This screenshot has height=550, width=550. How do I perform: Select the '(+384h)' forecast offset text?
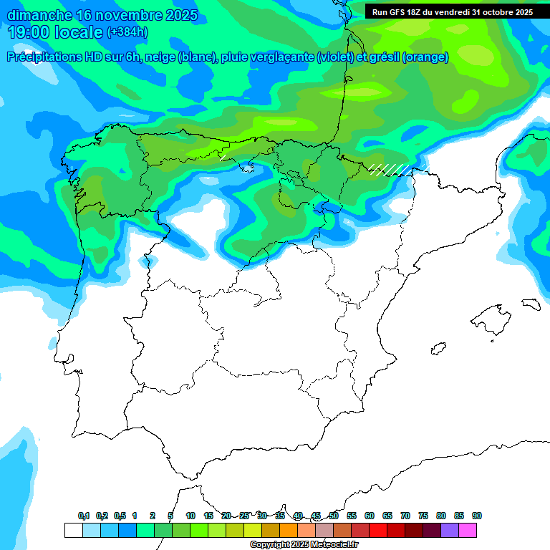point(127,32)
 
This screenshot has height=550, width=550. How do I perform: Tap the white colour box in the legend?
point(73,531)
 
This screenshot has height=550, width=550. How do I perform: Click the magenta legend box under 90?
point(468,531)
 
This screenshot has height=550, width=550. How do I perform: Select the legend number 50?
point(334,516)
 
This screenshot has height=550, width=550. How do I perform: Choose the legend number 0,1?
point(84,516)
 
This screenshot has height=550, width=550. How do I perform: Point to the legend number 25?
point(244,516)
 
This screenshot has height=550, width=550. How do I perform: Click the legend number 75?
point(423,516)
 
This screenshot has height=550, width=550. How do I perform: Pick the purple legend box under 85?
point(450,531)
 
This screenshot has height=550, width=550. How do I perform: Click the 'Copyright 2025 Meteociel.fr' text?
point(304,545)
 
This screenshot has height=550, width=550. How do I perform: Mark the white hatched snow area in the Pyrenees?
point(390,170)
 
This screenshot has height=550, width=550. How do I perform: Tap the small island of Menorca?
point(531,303)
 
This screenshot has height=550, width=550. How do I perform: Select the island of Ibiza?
point(436,349)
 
